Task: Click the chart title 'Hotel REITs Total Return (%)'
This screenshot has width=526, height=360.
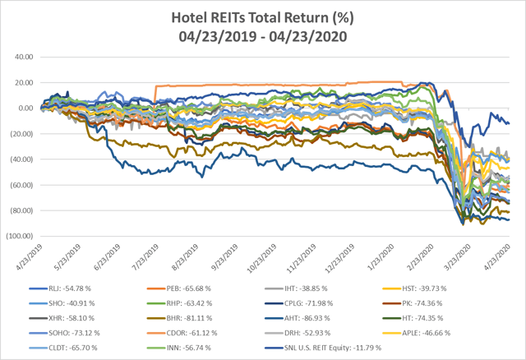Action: pyautogui.click(x=263, y=16)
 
